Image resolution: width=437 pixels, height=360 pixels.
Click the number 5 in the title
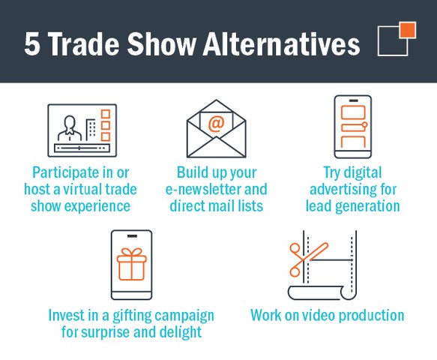click(32, 44)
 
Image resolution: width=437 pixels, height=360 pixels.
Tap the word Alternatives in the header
click(282, 43)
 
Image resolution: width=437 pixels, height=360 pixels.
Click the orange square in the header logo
click(408, 30)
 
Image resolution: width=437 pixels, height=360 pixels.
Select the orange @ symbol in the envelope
click(217, 124)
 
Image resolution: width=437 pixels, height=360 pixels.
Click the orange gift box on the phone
click(131, 264)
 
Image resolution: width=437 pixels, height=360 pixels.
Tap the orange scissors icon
click(307, 259)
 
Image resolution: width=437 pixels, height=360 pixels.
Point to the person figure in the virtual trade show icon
click(70, 128)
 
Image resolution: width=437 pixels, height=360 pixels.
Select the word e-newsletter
click(203, 189)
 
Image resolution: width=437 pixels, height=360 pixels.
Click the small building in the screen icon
click(91, 130)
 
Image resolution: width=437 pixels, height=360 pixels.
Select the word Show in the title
click(162, 43)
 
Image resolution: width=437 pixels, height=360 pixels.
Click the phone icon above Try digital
click(353, 127)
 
